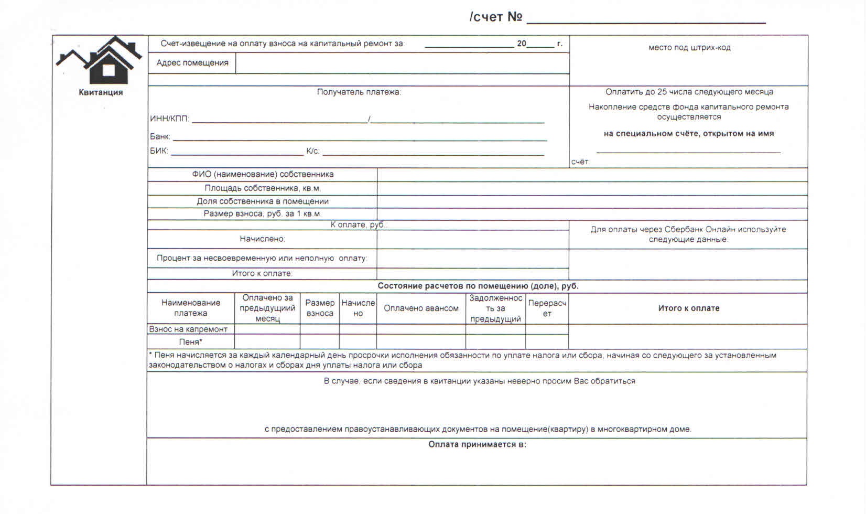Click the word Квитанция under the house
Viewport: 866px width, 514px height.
101,92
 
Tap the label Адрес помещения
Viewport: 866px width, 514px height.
192,63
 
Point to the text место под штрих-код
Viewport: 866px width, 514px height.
689,48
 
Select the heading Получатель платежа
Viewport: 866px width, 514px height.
359,92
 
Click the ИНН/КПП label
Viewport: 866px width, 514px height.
169,119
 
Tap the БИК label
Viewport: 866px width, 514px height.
159,151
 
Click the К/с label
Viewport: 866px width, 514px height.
312,151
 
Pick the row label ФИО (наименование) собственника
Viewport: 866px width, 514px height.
263,174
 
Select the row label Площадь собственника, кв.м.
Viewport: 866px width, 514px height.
263,188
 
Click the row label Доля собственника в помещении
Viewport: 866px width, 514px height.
263,201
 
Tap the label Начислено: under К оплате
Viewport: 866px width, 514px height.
263,239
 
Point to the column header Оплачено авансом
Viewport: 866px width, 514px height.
421,308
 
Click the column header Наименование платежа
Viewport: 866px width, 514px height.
191,308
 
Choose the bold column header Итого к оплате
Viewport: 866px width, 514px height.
688,308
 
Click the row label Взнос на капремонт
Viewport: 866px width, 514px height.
188,329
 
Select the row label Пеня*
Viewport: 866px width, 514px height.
191,342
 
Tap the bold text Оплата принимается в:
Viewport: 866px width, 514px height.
477,445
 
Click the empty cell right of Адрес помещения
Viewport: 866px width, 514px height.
402,63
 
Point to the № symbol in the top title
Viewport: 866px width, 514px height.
515,17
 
